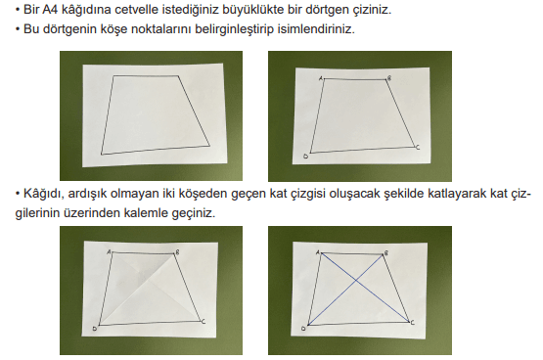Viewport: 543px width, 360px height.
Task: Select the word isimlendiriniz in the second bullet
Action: [316, 29]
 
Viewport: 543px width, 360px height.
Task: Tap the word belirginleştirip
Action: [234, 29]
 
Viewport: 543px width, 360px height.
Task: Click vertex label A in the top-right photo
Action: [320, 78]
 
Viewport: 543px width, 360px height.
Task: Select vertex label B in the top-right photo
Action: [389, 78]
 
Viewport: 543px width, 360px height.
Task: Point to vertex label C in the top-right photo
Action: [418, 148]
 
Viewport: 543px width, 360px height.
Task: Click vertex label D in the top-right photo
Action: [305, 157]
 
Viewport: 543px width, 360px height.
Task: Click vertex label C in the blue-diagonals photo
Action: [412, 323]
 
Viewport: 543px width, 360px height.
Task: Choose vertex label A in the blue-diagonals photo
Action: [318, 252]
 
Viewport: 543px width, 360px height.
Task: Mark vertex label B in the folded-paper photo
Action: [177, 252]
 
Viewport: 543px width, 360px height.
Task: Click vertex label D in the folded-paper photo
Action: [95, 329]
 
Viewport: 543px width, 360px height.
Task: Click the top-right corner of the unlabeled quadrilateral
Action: [178, 75]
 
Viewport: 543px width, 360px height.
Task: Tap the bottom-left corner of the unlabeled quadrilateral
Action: [101, 155]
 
